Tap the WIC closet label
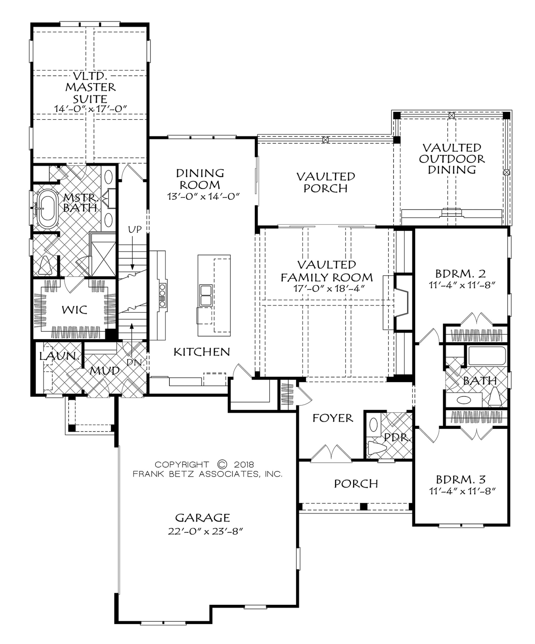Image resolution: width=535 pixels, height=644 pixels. tap(75, 310)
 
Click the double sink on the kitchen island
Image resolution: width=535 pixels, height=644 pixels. tap(205, 295)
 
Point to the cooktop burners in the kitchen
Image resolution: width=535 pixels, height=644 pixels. tap(162, 295)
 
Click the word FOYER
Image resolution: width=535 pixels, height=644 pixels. tap(333, 418)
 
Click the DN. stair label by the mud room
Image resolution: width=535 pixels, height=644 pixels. tap(135, 362)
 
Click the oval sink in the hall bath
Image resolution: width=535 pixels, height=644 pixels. tap(463, 400)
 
